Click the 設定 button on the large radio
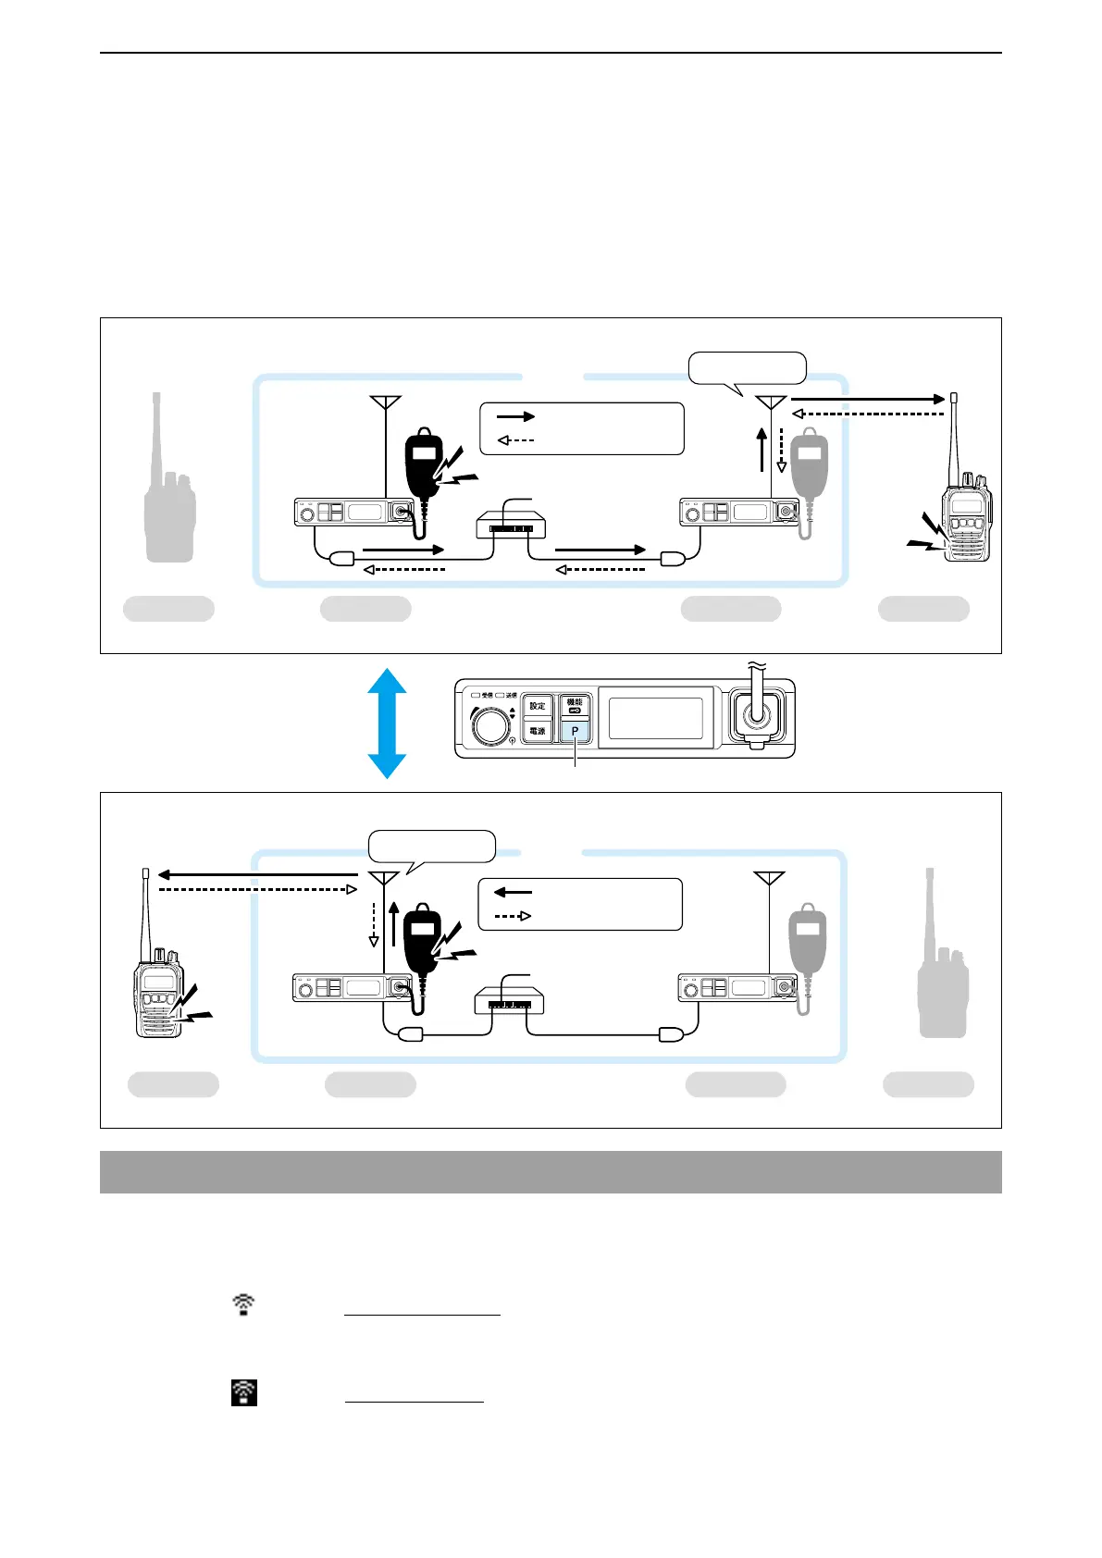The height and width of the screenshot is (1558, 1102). click(538, 706)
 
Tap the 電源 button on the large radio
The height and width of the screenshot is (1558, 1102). click(538, 731)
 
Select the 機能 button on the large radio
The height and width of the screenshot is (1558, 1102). click(575, 706)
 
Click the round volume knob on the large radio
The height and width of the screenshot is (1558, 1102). click(491, 724)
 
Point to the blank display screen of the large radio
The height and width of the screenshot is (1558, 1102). click(656, 718)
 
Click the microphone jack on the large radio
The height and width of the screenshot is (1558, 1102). click(758, 716)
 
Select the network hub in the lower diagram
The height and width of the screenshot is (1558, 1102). click(509, 1000)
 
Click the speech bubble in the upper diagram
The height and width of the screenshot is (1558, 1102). click(748, 368)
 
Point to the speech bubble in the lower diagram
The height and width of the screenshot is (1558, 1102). click(432, 846)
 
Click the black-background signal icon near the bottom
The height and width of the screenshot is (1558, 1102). click(243, 1392)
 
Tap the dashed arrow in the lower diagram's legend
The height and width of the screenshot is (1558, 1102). click(512, 916)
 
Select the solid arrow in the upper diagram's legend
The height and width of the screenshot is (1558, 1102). click(516, 416)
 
